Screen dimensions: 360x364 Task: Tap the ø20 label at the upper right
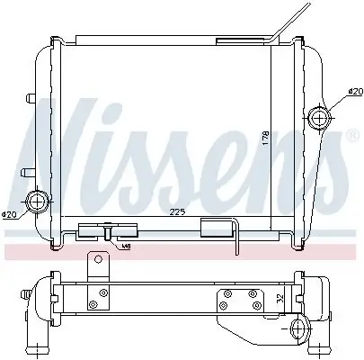pyautogui.click(x=354, y=91)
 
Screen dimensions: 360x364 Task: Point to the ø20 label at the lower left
pyautogui.click(x=10, y=213)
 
